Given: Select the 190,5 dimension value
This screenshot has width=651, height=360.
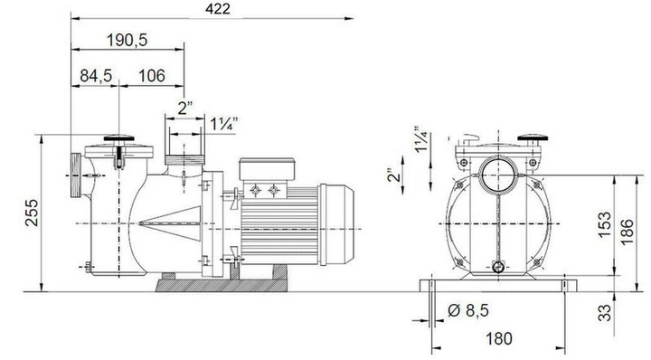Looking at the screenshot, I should pos(127,41).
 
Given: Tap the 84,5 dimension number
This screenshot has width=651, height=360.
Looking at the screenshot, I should pos(94,76).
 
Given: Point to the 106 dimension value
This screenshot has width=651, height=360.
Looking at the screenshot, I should pos(152,76).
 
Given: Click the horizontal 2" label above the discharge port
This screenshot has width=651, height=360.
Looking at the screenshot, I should pos(185,109).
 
